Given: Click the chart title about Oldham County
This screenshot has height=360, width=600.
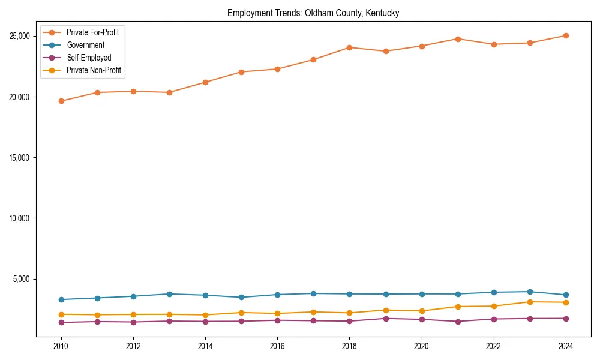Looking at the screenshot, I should tap(313, 13).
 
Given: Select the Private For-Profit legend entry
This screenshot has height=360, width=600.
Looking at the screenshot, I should tap(92, 32).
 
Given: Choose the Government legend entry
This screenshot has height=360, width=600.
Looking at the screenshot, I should tap(85, 45).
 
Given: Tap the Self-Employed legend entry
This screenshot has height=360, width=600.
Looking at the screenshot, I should tap(89, 58).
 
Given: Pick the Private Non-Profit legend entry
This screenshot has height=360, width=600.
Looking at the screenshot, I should tap(94, 71).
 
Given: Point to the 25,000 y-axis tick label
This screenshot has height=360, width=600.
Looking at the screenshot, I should tap(21, 36).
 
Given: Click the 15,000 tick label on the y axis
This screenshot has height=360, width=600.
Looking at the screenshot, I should tap(21, 158).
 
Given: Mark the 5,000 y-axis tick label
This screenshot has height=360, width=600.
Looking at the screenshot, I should tap(23, 279).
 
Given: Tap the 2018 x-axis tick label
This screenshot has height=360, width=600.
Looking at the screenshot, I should tap(349, 346).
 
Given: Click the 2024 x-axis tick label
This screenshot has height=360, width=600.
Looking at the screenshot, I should tap(566, 346).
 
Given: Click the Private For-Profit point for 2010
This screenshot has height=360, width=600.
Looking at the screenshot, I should tap(61, 101).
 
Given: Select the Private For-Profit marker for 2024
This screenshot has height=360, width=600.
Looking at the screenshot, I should tap(566, 35).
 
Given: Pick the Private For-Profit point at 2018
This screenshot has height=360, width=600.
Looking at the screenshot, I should tap(349, 47).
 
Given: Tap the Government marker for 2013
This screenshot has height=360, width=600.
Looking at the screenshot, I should tap(169, 294).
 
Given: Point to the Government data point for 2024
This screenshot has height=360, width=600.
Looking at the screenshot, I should tap(566, 295).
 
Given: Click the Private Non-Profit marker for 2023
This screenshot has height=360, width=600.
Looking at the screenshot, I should tap(530, 302).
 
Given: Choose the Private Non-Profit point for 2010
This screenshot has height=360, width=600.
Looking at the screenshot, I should tap(61, 314).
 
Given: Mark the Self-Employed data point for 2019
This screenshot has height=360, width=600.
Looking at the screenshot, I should tap(386, 319).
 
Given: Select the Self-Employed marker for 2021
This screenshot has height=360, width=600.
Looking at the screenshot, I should tap(458, 322).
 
